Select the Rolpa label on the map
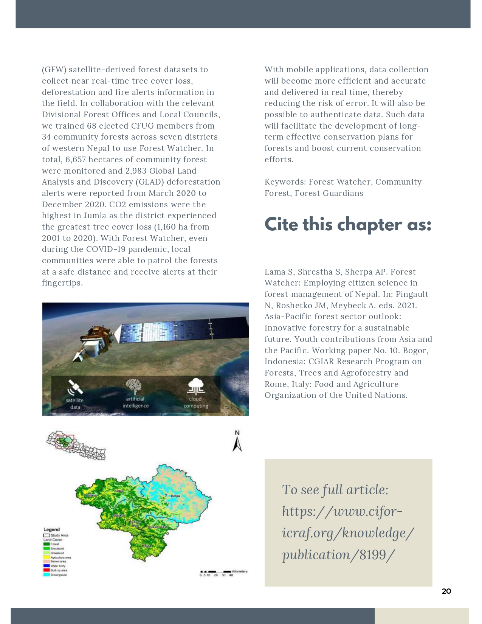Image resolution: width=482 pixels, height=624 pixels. click(x=147, y=546)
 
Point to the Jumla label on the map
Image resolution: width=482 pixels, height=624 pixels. click(x=119, y=491)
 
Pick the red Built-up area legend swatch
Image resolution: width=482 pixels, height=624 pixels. click(x=46, y=570)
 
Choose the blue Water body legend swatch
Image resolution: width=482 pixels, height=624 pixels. click(x=46, y=566)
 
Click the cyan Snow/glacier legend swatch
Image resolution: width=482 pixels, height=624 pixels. click(x=46, y=574)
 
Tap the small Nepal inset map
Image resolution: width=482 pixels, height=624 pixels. click(x=76, y=445)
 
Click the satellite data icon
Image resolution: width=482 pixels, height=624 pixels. click(x=75, y=387)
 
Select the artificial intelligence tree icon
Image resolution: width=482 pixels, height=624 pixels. click(x=133, y=386)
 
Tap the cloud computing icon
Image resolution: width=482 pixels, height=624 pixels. click(x=195, y=386)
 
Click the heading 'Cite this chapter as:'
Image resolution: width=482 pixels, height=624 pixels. click(x=348, y=225)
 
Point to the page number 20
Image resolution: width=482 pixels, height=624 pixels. click(x=446, y=591)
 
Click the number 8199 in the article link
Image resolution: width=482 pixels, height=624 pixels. click(x=373, y=555)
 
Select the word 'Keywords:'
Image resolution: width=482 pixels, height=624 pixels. click(x=285, y=182)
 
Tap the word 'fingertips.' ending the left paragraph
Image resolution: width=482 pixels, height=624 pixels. click(x=62, y=283)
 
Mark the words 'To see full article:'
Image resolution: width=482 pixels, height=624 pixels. click(x=335, y=490)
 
